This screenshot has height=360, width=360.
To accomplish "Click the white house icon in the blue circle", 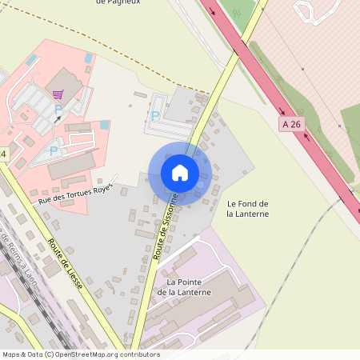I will coord(180,172).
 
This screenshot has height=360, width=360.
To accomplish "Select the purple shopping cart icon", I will coord(58,94).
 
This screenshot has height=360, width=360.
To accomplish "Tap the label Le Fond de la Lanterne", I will coord(247,209).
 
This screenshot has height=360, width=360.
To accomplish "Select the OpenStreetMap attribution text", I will coord(81,354).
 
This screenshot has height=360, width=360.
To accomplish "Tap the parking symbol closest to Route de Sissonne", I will coord(155,116).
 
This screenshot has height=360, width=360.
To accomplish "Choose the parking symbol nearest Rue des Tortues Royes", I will coord(54,150).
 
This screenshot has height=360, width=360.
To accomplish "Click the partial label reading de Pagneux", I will coord(118,2).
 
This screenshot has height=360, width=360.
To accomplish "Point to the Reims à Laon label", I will coord(15,260).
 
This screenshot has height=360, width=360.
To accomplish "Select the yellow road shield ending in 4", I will coord(3,153).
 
